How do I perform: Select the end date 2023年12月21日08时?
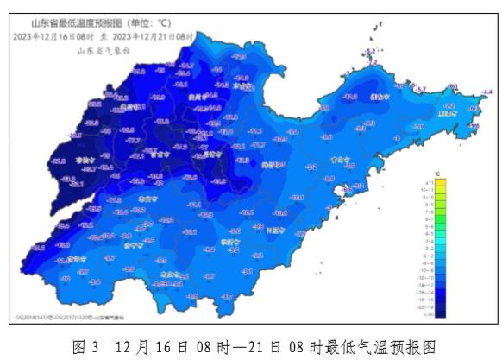[154, 37]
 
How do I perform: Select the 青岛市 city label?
[342, 160]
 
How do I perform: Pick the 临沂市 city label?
[229, 243]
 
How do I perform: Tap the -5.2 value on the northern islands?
[372, 52]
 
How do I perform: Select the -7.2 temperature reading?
[402, 85]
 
